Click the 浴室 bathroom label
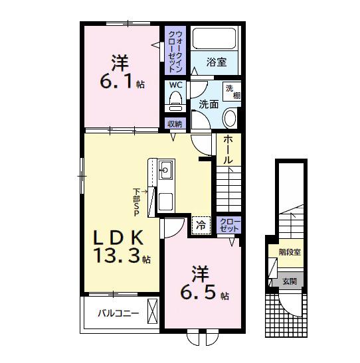(x=217, y=62)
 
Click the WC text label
(x=176, y=85)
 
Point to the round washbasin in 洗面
(x=230, y=118)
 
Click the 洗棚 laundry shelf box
(x=232, y=91)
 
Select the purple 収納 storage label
(x=175, y=124)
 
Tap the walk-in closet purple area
(x=175, y=50)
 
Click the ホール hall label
(x=228, y=150)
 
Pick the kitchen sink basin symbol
(x=166, y=170)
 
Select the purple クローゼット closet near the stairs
(x=229, y=225)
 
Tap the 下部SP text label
(x=136, y=202)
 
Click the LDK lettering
(x=118, y=238)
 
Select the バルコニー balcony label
(x=118, y=314)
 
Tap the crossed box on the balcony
(x=152, y=311)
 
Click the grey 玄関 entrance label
(x=290, y=282)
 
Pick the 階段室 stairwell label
(x=290, y=252)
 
